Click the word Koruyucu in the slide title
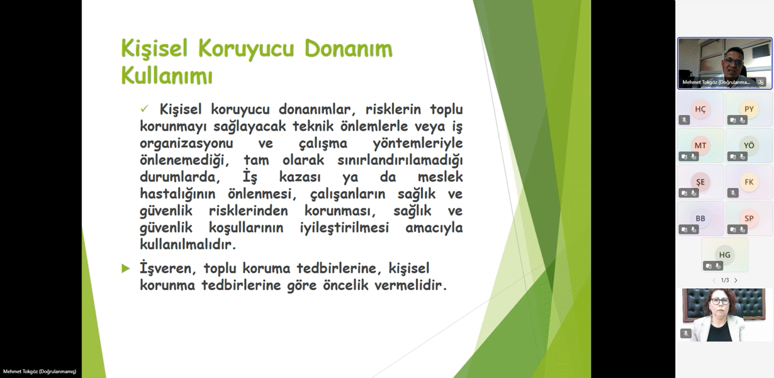click(x=245, y=48)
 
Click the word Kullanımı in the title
click(x=167, y=75)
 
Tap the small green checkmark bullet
click(x=145, y=109)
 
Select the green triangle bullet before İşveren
click(x=126, y=268)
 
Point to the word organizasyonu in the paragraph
click(x=186, y=143)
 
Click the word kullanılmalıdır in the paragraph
click(x=188, y=245)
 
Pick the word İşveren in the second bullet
click(x=168, y=268)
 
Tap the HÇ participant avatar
click(x=700, y=109)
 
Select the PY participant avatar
click(x=749, y=109)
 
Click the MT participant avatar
click(x=700, y=145)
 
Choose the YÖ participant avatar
click(x=749, y=145)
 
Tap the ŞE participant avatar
click(x=700, y=182)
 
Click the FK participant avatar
click(x=749, y=182)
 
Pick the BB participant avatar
click(x=700, y=218)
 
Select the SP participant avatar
click(x=749, y=218)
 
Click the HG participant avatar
click(x=724, y=255)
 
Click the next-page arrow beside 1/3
click(x=736, y=281)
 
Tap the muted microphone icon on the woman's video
click(x=685, y=333)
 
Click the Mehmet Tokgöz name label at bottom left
click(x=40, y=372)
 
